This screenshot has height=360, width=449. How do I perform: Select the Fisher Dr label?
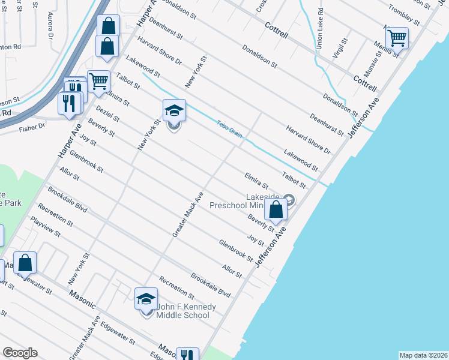32,127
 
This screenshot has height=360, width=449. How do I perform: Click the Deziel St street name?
107,114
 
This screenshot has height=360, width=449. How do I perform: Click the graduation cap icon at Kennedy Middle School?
146,299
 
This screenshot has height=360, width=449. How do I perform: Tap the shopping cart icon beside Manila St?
397,38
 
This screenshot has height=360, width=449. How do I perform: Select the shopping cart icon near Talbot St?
98,81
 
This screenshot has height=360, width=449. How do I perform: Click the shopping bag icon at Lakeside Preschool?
276,209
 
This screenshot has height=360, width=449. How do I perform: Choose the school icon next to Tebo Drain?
174,111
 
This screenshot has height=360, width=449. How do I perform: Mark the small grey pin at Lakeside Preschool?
289,200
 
